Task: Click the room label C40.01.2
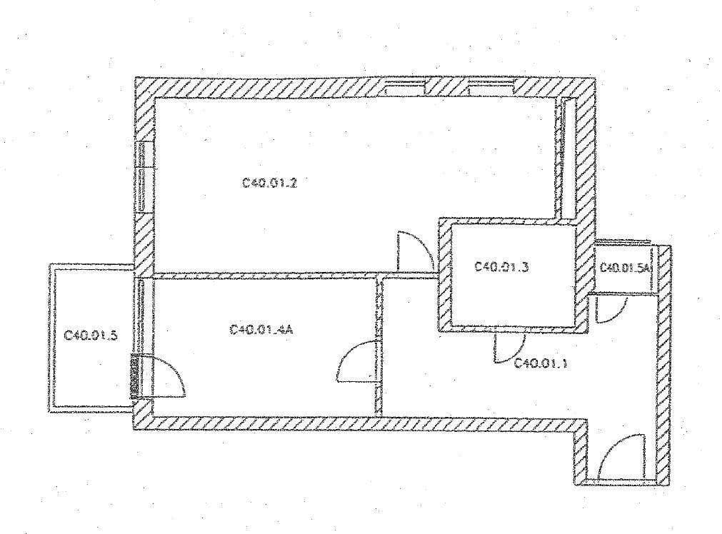pyautogui.click(x=270, y=183)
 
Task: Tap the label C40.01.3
pyautogui.click(x=502, y=267)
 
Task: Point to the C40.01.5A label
pyautogui.click(x=626, y=268)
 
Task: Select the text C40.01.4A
pyautogui.click(x=262, y=330)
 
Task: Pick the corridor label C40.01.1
pyautogui.click(x=541, y=363)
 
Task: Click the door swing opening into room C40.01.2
pyautogui.click(x=413, y=251)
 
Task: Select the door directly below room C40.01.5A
pyautogui.click(x=611, y=308)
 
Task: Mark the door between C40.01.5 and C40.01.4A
pyautogui.click(x=164, y=375)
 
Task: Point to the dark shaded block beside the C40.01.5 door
pyautogui.click(x=134, y=376)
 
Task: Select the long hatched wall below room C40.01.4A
pyautogui.click(x=357, y=424)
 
